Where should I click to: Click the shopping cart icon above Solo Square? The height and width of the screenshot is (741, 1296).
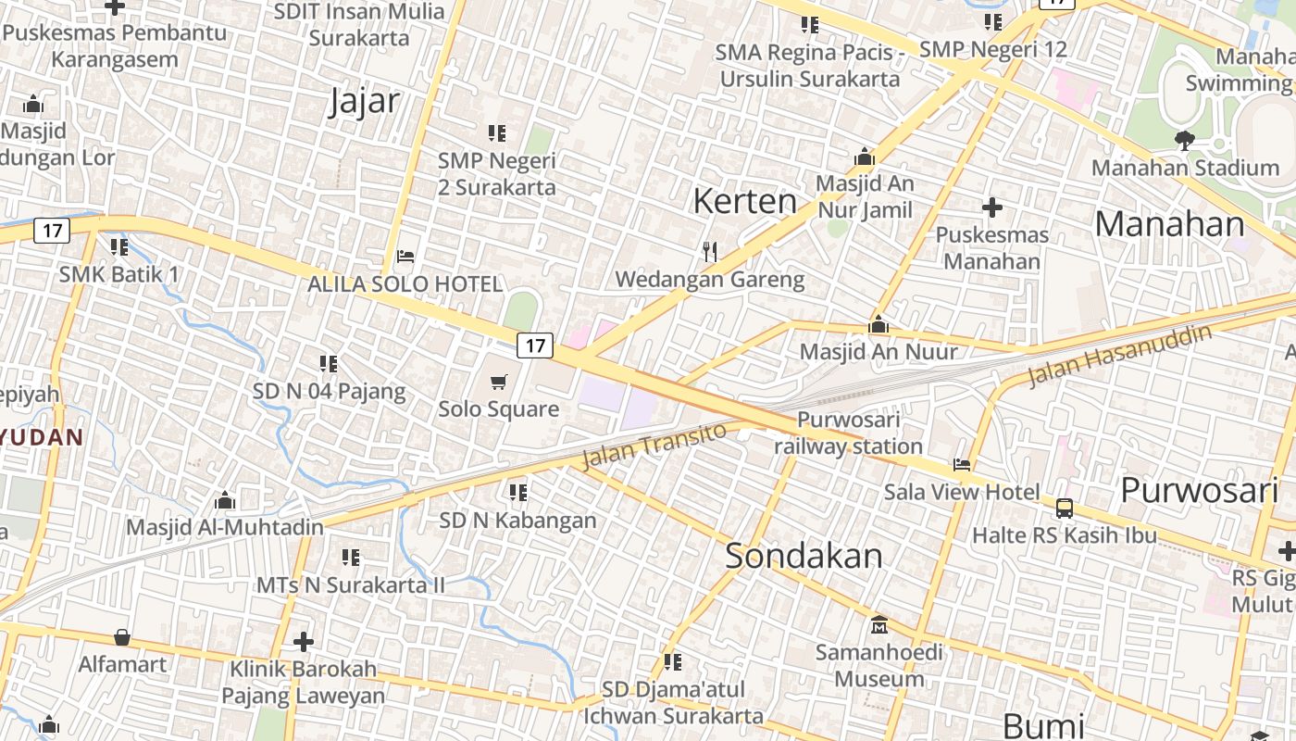(499, 382)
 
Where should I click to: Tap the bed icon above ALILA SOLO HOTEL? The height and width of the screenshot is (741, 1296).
(405, 257)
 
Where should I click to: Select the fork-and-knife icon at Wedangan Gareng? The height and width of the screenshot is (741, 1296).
(710, 251)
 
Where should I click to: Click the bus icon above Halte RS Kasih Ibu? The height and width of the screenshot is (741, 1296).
(1065, 508)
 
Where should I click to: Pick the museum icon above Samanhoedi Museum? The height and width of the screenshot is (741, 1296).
(879, 625)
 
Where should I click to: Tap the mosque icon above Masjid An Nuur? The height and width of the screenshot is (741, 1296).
(879, 325)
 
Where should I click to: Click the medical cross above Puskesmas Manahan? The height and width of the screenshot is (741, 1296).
(992, 207)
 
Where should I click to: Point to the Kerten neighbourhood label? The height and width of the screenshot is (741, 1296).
(744, 201)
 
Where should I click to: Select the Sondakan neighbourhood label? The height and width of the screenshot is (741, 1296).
(804, 556)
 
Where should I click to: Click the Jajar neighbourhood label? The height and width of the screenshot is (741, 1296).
(365, 102)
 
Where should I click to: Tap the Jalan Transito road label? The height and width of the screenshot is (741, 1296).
(654, 445)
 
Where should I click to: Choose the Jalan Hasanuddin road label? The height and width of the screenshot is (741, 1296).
(1120, 355)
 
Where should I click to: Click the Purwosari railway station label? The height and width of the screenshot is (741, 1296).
(848, 433)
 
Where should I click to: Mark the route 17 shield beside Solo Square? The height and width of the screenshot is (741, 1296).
(535, 345)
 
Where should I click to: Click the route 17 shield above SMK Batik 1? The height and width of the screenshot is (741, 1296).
(52, 230)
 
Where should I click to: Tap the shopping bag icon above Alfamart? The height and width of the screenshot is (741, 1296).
(122, 637)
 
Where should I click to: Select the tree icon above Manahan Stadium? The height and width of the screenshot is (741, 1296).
(1184, 141)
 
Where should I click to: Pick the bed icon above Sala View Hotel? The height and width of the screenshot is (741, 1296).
(962, 464)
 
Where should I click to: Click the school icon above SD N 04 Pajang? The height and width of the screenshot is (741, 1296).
(329, 364)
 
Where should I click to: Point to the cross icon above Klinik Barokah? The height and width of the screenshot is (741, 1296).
(304, 641)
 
